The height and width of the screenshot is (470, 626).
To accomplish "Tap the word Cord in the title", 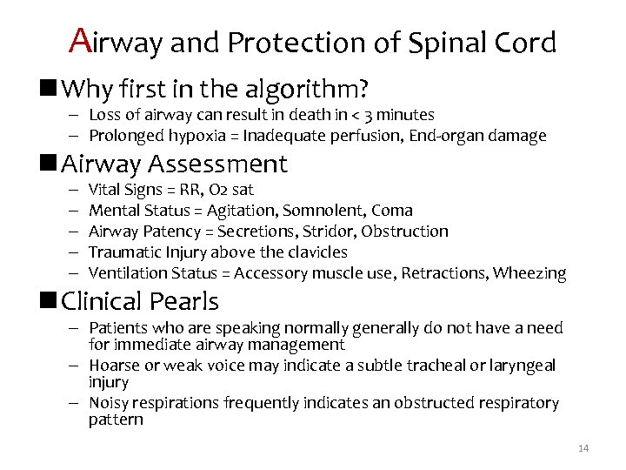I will click(x=527, y=43).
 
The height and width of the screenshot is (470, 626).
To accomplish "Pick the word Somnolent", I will click(x=328, y=210).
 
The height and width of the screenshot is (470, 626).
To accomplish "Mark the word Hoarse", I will click(x=115, y=366).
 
